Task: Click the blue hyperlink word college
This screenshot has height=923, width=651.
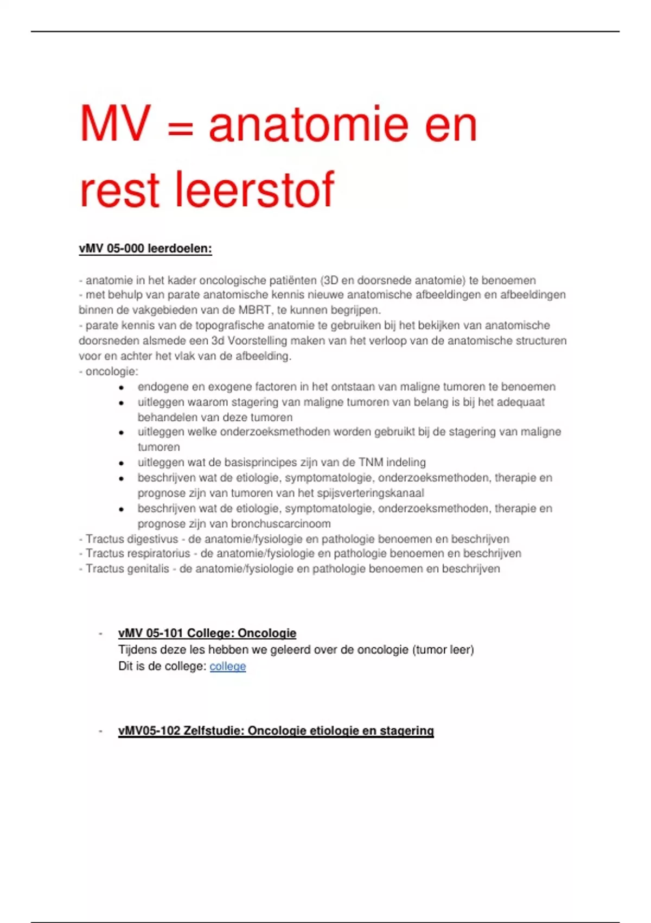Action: [x=227, y=666]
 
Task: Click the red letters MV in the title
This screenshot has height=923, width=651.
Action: [x=115, y=124]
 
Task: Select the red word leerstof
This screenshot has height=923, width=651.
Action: [x=253, y=189]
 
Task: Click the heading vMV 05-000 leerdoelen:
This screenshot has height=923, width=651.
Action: [x=145, y=249]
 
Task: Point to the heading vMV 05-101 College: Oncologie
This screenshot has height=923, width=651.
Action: [x=207, y=633]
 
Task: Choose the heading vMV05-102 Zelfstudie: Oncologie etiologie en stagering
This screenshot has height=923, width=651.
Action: [x=276, y=731]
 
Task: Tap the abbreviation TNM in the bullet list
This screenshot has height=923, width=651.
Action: [x=371, y=463]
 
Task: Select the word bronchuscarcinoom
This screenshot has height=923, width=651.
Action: [x=280, y=524]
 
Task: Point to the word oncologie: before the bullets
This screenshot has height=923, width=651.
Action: [x=112, y=371]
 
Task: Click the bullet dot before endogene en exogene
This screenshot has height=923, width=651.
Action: [x=122, y=388]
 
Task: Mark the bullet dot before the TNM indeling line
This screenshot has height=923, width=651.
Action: [x=122, y=463]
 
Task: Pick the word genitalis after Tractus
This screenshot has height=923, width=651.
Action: [x=148, y=568]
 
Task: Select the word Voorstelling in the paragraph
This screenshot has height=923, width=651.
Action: [x=257, y=341]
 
